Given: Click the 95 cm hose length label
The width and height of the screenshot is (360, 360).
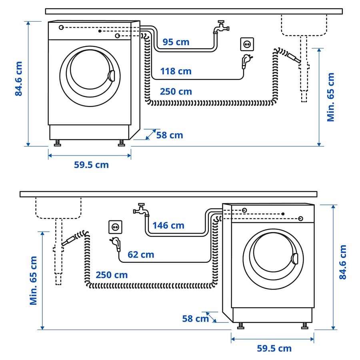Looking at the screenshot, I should pos(176,42).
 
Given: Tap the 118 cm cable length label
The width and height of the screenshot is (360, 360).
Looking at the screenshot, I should pos(176,72).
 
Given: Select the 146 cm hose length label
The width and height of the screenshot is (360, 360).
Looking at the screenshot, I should pos(168,226).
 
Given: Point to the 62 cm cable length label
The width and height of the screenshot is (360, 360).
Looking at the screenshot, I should pos(141,254).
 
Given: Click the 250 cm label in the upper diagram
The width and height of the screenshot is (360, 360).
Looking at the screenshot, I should pos(176,92).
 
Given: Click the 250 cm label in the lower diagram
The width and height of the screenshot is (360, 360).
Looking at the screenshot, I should pos(112,275).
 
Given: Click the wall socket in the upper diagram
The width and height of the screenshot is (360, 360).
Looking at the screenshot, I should pos(247,44).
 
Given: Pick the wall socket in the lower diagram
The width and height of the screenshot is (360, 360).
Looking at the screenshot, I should pos(115,227).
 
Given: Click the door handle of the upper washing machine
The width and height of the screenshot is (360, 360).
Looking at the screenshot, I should pos(112,76).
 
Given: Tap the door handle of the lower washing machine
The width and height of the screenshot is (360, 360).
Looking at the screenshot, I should pos(295,258).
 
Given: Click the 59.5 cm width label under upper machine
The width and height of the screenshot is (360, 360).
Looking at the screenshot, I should pos(91,165).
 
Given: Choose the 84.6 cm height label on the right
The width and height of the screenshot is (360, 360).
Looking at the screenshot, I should pos(343,262).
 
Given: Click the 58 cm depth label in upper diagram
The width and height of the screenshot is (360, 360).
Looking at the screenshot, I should pos(170,135).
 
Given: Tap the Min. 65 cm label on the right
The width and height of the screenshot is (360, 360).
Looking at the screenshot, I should pos(331,97).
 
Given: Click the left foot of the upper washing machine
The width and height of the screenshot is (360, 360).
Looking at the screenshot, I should pos(57,143).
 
